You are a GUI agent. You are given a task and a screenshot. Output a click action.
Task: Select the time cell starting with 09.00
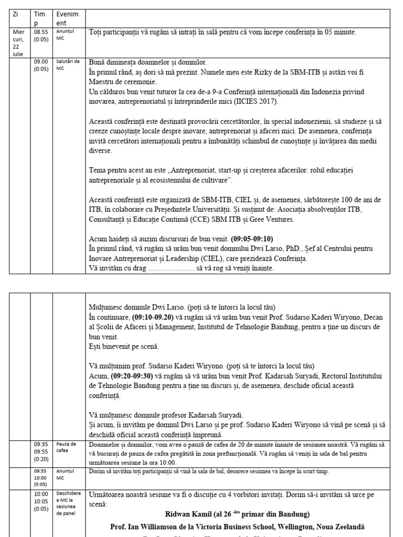pos(41,65)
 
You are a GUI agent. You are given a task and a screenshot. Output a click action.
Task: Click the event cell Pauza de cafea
pos(66,447)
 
